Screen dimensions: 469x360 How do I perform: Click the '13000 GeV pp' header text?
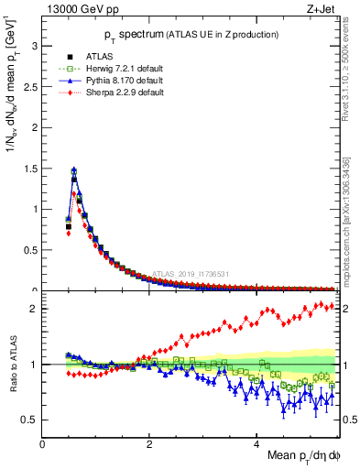tap(80, 9)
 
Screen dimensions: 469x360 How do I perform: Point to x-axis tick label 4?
tap(256, 443)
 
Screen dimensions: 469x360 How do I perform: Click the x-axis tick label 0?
tap(43, 443)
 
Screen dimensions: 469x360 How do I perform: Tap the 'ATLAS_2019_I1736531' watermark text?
tap(190, 273)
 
